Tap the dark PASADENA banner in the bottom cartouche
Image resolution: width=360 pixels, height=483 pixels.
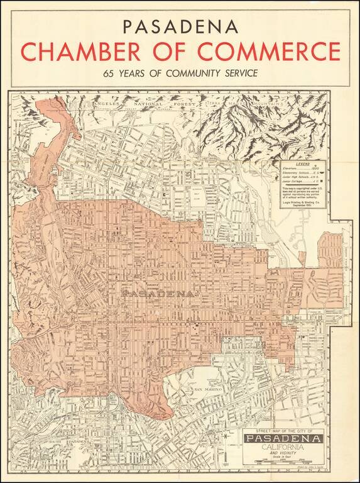tap(285, 438)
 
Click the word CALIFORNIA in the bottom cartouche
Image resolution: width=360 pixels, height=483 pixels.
tap(285, 447)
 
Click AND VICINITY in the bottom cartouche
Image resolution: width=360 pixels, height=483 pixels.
tap(285, 454)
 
